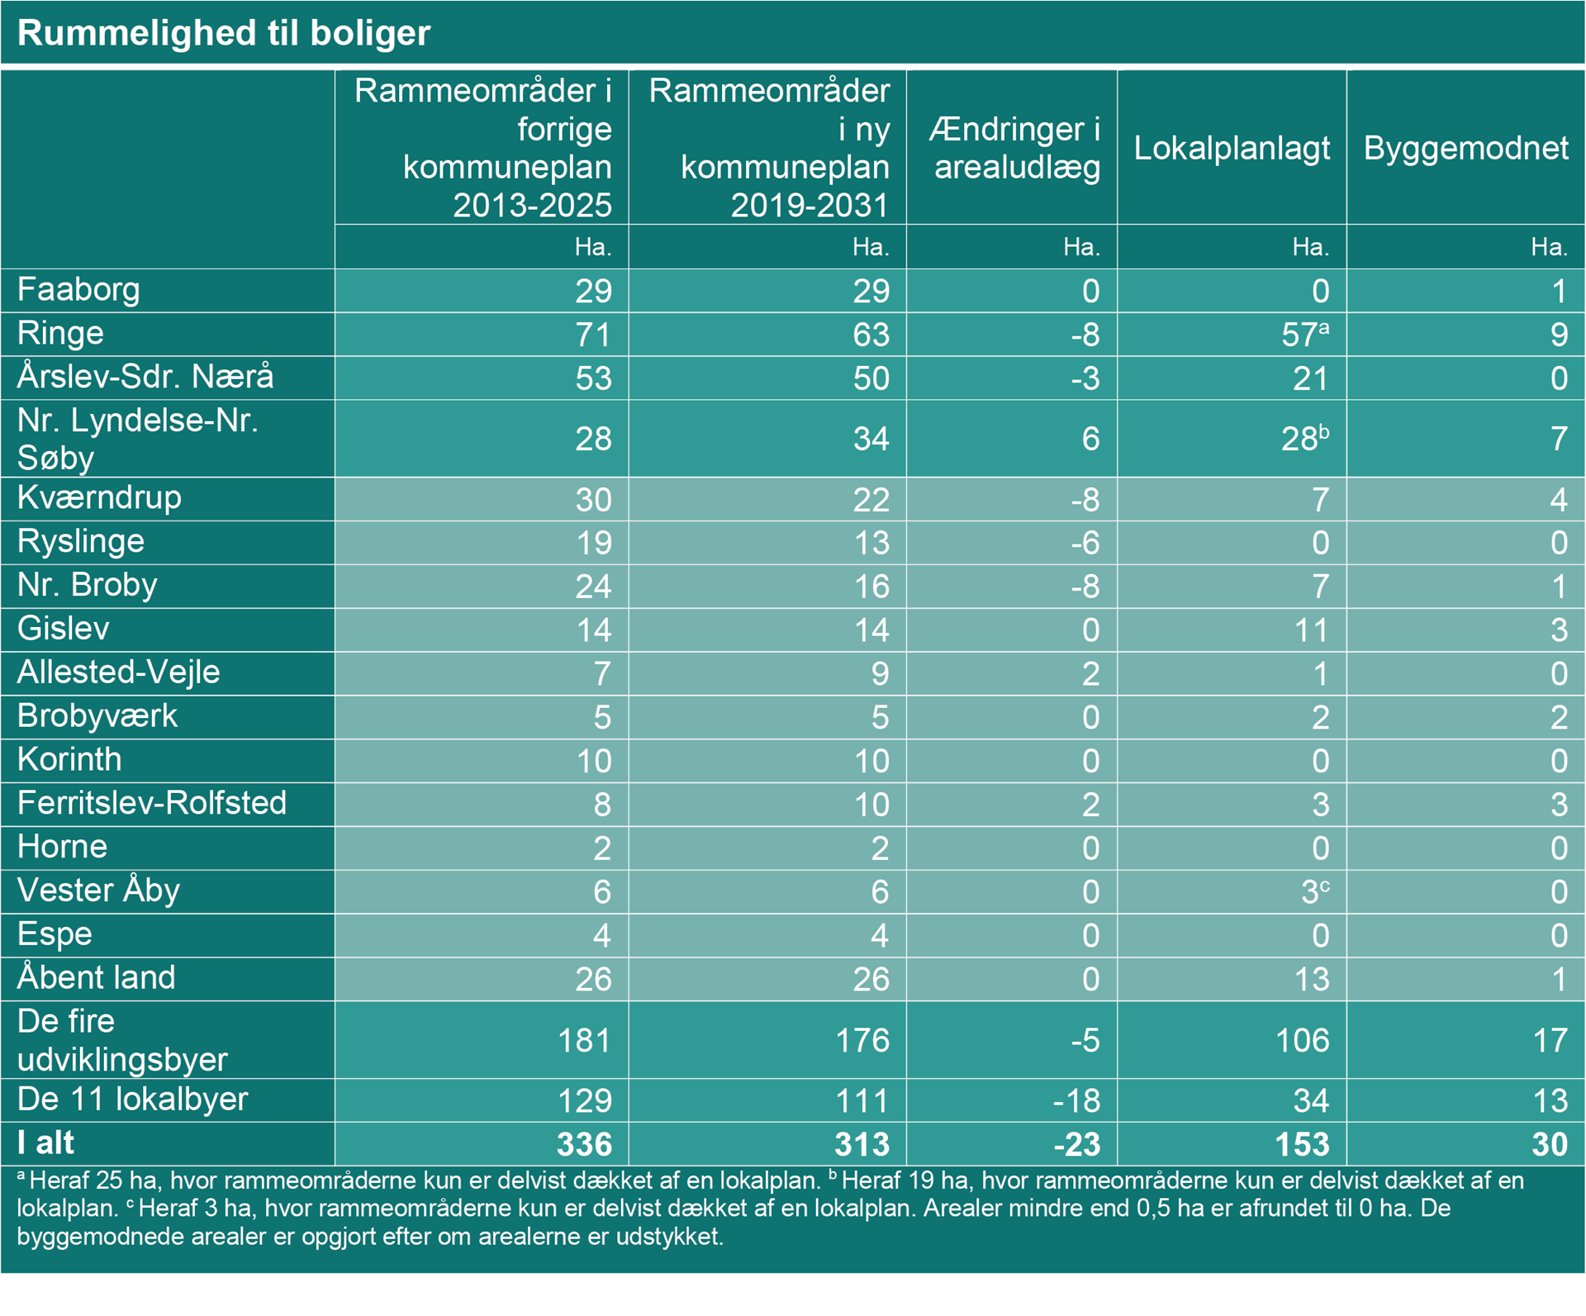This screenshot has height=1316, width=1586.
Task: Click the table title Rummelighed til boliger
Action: point(224,33)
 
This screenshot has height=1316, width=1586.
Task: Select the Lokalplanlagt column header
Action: point(1232,148)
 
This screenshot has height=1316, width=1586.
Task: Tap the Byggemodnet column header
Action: point(1465,148)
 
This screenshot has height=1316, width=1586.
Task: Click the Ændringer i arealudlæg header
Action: point(1015,148)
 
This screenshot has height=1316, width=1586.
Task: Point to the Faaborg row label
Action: point(78,290)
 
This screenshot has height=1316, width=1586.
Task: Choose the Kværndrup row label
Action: point(99,498)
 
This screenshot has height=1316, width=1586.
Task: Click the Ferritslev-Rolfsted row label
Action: point(152,803)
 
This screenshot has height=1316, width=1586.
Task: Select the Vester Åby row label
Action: point(98,891)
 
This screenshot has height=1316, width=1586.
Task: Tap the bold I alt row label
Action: point(45,1143)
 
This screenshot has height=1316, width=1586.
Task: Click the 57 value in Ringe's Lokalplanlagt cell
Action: point(1299,335)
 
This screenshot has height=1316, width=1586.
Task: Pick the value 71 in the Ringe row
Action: point(593,335)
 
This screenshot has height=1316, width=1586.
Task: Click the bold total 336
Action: point(584,1144)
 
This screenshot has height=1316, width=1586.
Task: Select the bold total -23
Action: point(1076,1144)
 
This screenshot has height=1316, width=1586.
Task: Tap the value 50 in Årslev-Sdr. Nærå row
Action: point(871,378)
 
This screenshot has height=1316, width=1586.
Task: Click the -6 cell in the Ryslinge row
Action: point(1085,543)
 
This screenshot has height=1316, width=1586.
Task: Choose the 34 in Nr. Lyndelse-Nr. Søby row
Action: point(871,439)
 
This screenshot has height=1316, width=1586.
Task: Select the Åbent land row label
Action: point(96,978)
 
